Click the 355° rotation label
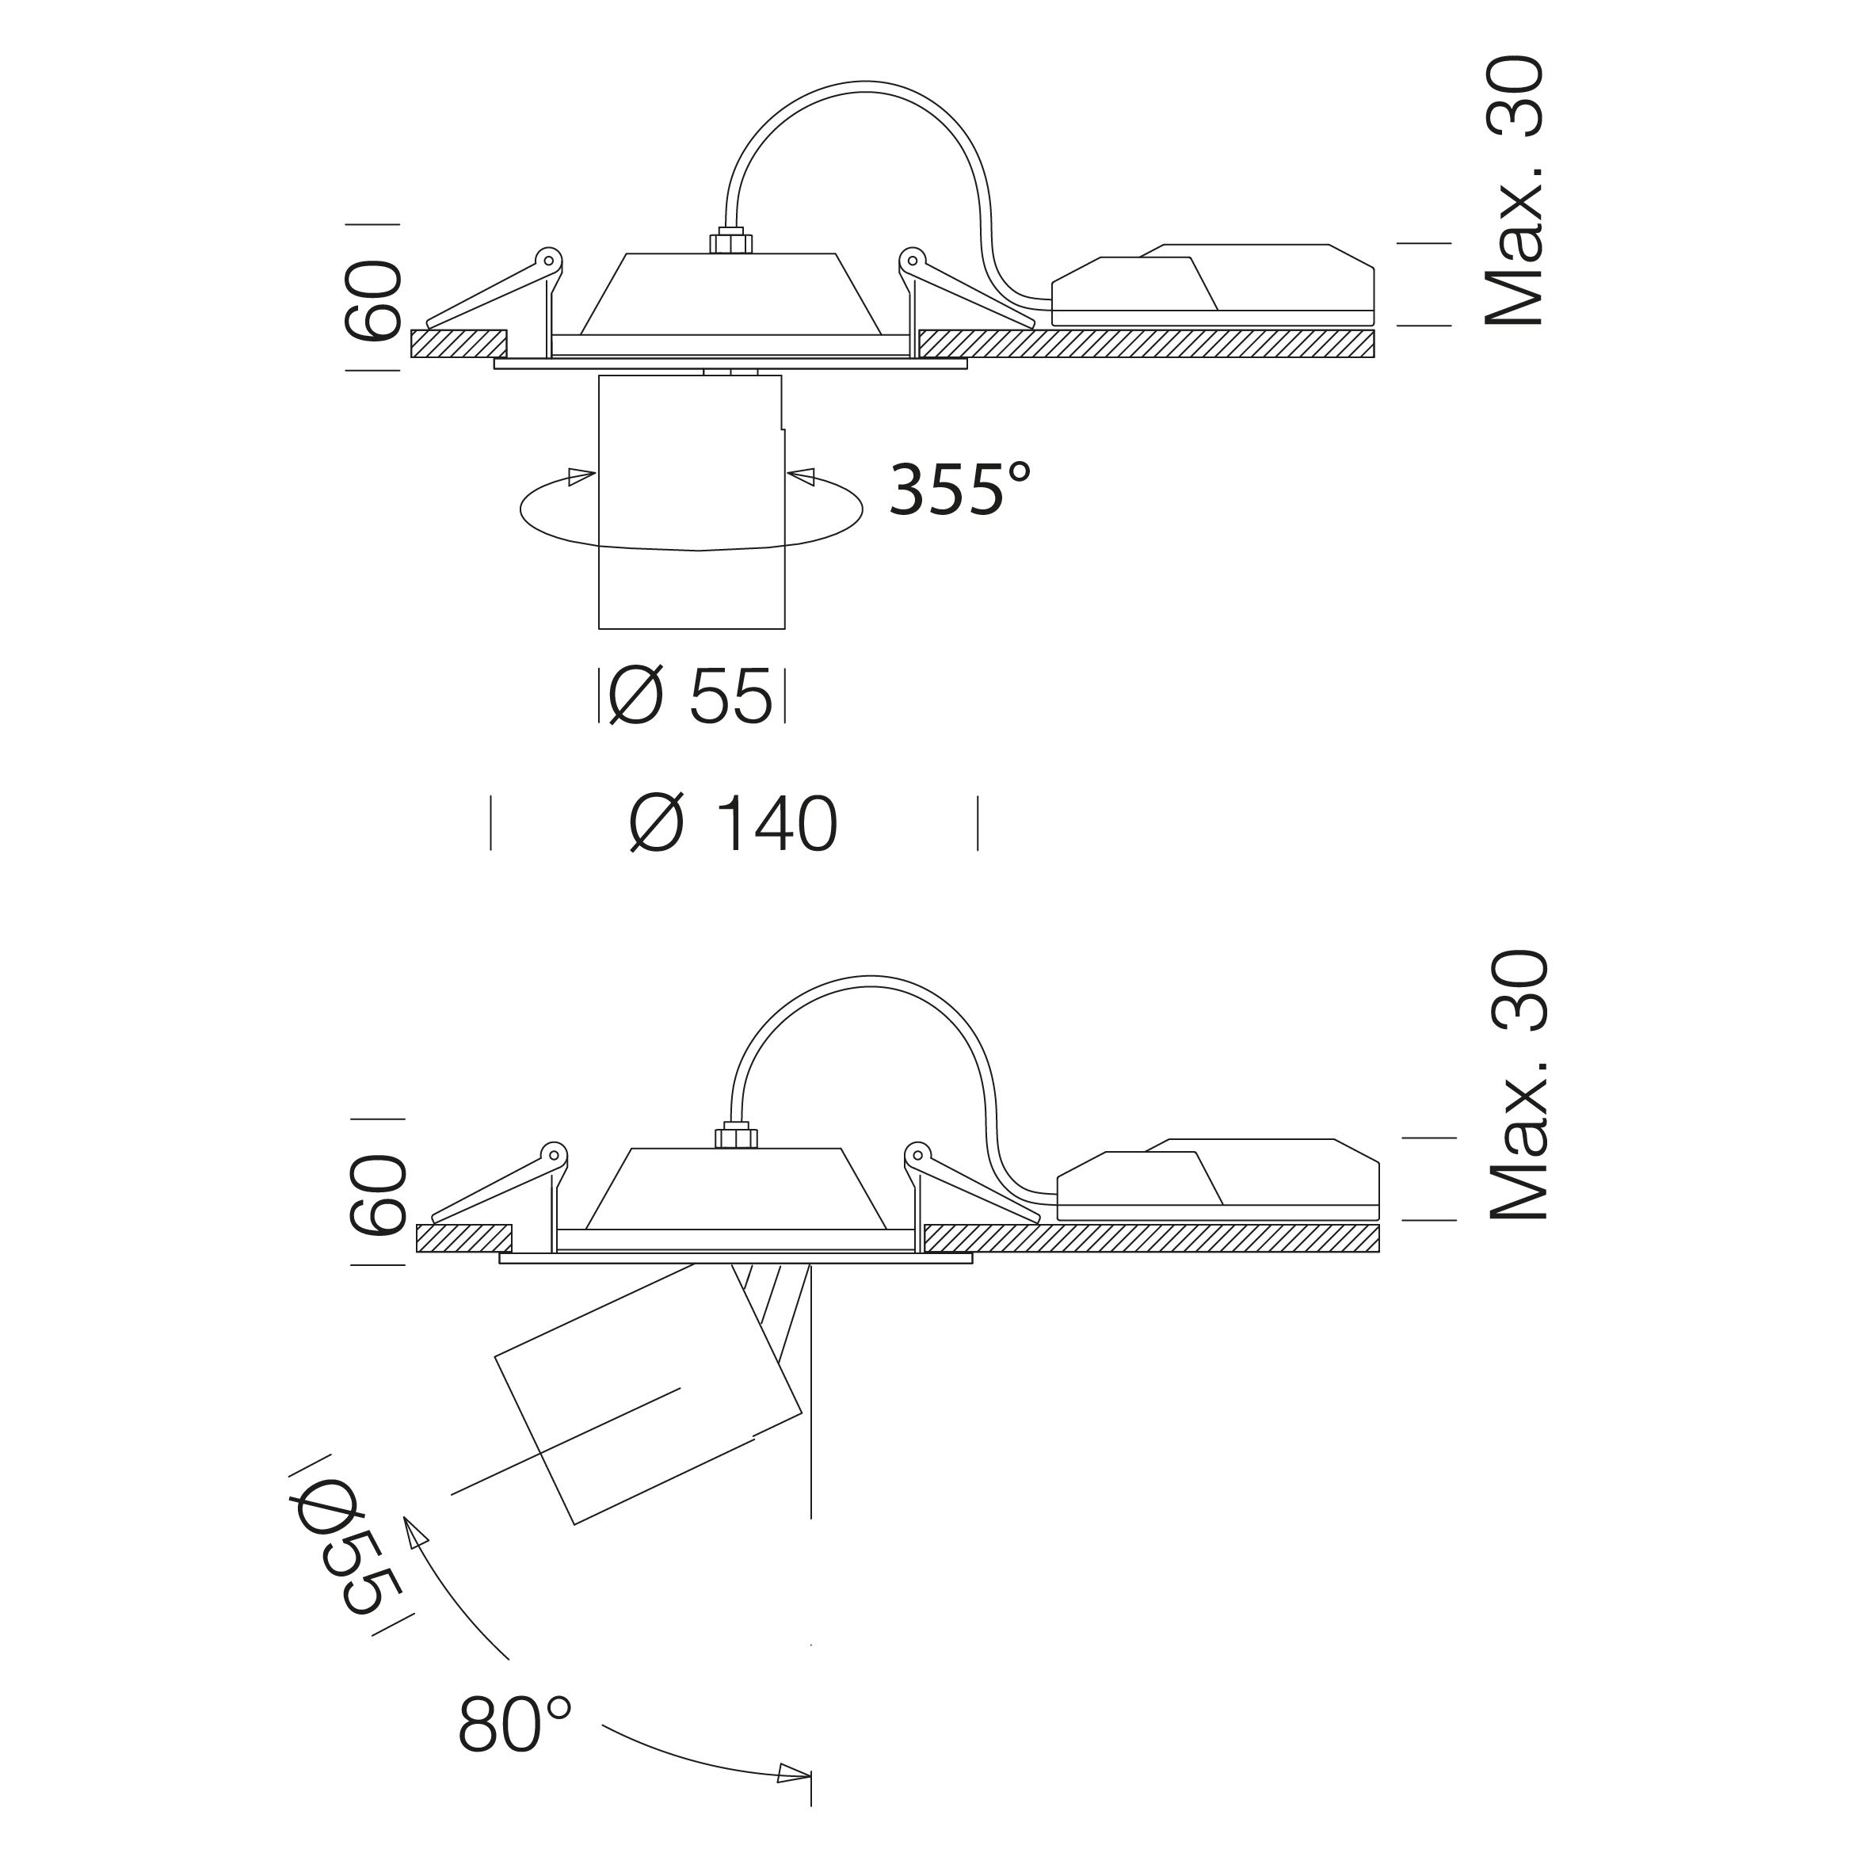tap(959, 490)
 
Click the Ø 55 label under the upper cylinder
tap(691, 696)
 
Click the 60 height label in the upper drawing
tap(373, 300)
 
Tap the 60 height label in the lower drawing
tap(378, 1195)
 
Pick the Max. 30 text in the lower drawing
tap(1519, 1085)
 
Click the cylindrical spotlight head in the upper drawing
tap(691, 502)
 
